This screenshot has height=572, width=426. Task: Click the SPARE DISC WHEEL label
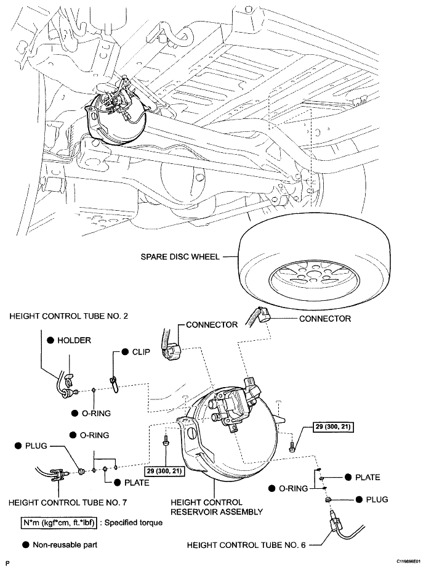[180, 257]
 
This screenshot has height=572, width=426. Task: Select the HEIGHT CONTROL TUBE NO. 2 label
[68, 316]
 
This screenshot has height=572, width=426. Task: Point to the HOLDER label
[74, 340]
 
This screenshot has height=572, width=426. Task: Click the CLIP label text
[141, 352]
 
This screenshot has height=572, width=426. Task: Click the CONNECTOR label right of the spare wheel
[325, 319]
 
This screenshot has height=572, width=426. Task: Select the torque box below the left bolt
[164, 471]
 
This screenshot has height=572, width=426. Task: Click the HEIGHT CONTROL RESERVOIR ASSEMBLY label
[217, 507]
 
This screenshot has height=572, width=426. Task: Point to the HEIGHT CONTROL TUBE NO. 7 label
[68, 503]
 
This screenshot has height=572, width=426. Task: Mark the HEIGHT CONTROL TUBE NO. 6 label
[246, 545]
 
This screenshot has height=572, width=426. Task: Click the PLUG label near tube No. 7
[36, 446]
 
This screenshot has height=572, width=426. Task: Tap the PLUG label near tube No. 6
[377, 499]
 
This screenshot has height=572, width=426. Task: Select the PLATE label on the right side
[368, 477]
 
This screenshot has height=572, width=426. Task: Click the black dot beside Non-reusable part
[25, 545]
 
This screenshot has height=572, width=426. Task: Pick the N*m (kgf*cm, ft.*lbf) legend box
[58, 523]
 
